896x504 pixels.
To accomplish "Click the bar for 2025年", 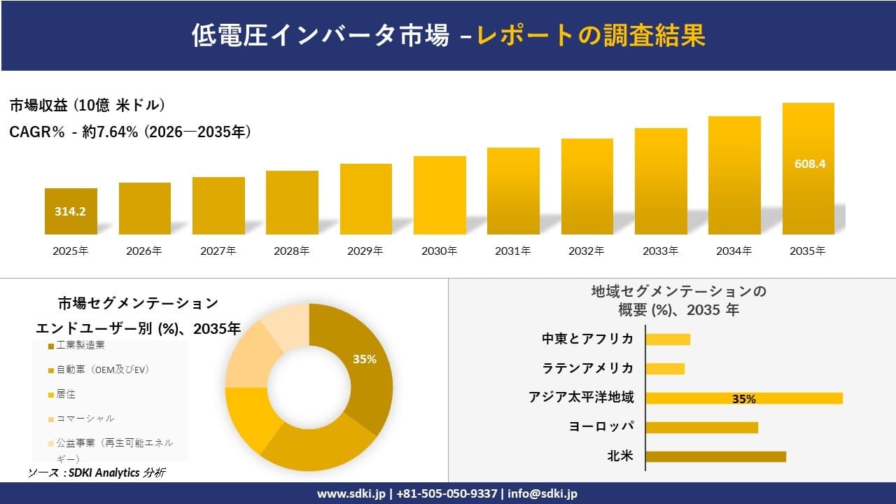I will point(71,211).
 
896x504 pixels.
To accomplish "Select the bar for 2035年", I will point(808,169).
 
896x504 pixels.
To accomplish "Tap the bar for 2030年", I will point(440,195).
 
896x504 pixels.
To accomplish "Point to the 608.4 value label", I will point(810,164).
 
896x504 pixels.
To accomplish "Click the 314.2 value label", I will point(71,211).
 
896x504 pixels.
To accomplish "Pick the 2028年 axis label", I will point(292,251).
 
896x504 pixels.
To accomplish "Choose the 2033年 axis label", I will point(660,251).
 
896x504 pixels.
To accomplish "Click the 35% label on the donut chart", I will point(364,359).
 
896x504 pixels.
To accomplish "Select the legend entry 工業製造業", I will point(81,345).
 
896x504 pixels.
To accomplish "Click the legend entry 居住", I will point(66,394).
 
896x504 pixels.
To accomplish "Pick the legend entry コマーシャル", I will point(85,419).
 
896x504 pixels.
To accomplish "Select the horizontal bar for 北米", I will point(715,456).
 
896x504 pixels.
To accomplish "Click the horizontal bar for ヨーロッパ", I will point(701,427).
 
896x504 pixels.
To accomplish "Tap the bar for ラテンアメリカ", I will point(665,368).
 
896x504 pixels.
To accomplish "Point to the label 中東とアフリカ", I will point(588,339).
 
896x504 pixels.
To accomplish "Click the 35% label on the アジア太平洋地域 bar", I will point(743,399).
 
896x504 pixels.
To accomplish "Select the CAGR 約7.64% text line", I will point(130,132).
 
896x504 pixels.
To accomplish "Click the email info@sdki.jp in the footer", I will point(542,493).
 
